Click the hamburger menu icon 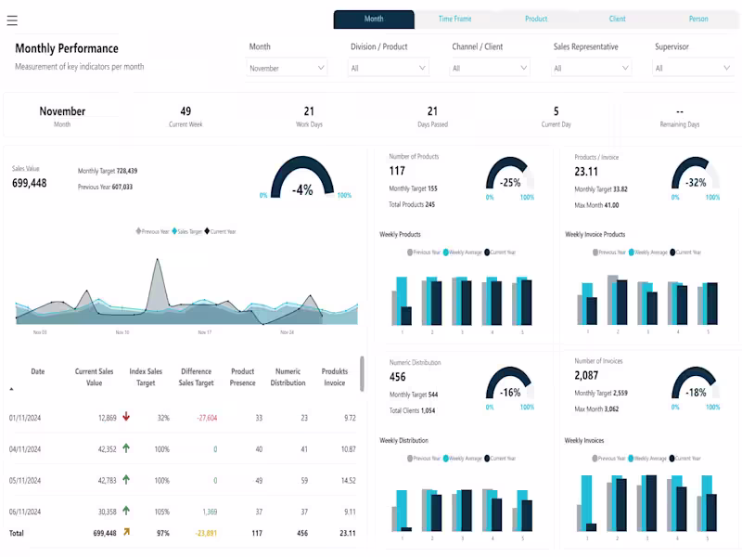pos(12,20)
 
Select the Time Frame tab pos(454,19)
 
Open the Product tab pos(536,19)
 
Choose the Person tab pos(698,19)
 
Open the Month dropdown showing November pos(287,68)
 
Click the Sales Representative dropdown pos(591,68)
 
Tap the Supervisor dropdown pos(693,68)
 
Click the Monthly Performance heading pos(67,48)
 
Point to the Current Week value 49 pos(185,111)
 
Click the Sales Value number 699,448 pos(29,184)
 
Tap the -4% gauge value pos(302,190)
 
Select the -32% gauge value pos(695,183)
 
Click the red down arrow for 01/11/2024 pos(126,418)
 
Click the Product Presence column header pos(242,377)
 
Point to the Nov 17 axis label pos(205,332)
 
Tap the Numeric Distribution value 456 pos(397,377)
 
